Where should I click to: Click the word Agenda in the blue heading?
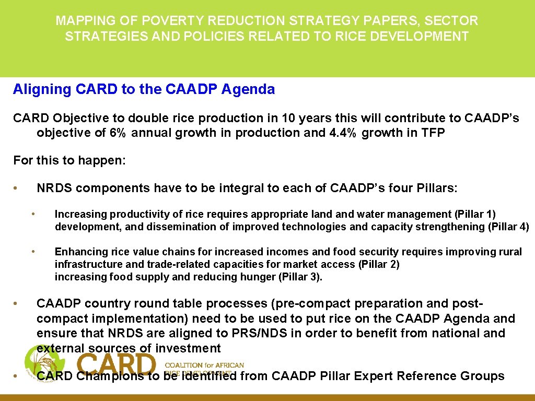point(248,89)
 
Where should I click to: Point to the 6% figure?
point(118,133)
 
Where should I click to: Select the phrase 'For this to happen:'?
point(69,160)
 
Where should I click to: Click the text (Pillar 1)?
point(475,214)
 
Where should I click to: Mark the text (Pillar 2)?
point(379,264)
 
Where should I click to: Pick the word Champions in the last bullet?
point(110,376)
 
